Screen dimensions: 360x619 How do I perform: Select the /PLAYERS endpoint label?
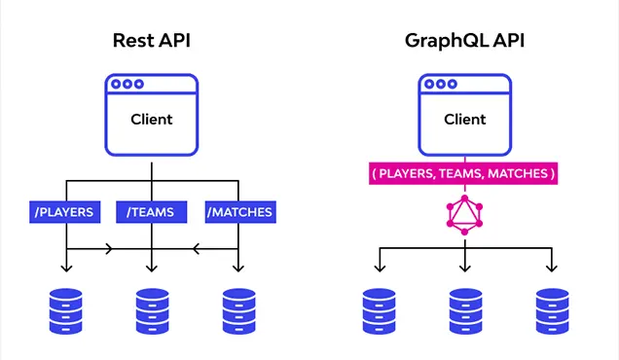[65, 211]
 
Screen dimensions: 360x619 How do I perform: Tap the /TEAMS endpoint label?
[151, 211]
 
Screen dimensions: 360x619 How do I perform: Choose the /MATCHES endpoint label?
[239, 211]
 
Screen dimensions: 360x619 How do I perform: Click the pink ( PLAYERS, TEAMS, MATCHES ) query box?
[463, 174]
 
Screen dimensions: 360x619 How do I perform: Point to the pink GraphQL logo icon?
[464, 213]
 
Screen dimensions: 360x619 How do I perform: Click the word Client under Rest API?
[152, 120]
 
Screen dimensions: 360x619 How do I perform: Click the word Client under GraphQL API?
[464, 120]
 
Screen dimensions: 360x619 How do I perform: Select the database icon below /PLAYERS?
[65, 310]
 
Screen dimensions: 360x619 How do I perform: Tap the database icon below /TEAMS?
[151, 310]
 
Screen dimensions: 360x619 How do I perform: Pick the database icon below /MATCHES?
[237, 310]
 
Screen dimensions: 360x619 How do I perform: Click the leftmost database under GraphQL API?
[378, 310]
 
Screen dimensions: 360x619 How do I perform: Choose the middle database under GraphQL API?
[465, 310]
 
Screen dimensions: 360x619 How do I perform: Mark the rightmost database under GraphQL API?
[552, 310]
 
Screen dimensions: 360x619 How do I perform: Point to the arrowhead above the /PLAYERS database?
[65, 269]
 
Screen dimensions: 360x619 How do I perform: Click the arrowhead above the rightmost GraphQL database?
[552, 269]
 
